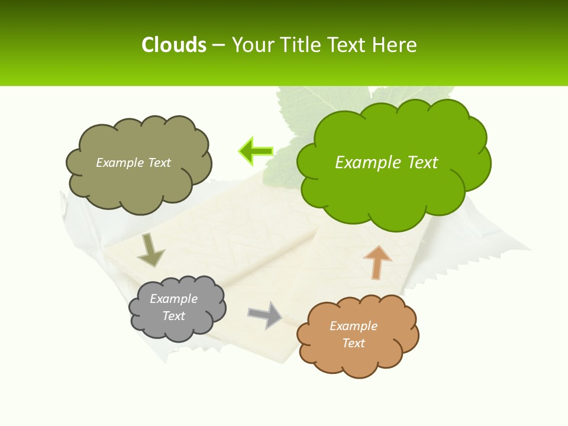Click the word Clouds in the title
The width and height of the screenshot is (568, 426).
173,45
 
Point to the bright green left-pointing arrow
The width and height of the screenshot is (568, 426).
256,151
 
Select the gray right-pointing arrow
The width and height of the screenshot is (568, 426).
265,314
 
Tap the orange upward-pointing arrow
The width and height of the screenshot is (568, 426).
377,262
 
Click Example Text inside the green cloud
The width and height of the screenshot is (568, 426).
386,163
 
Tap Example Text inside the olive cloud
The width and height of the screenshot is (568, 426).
133,163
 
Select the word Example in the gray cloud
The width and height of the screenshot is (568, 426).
173,299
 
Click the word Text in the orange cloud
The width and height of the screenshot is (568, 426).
353,343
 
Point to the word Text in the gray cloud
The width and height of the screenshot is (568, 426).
173,316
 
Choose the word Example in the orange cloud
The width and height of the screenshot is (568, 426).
353,326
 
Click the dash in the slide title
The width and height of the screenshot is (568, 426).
218,45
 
